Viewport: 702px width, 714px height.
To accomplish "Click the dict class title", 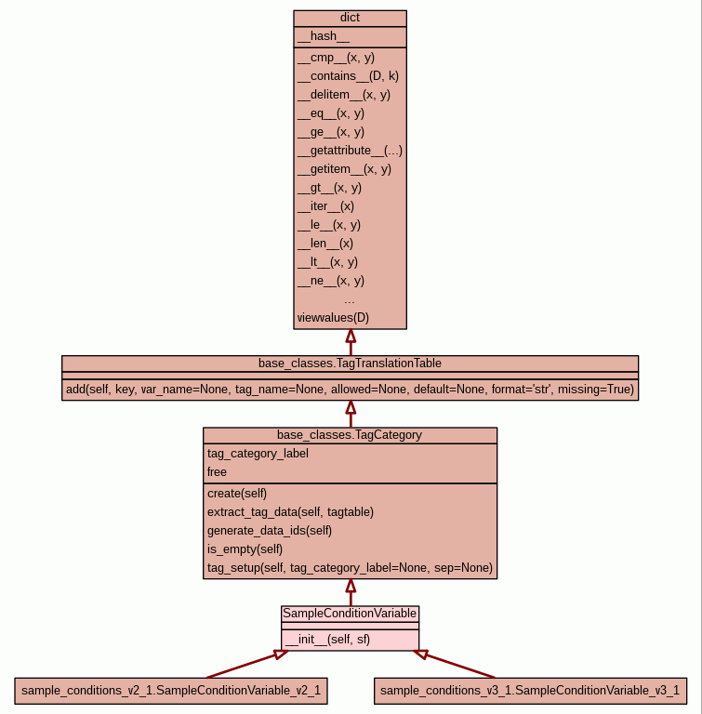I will (350, 18).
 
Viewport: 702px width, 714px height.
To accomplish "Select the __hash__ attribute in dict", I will (324, 36).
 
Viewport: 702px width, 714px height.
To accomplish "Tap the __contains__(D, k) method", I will (348, 75).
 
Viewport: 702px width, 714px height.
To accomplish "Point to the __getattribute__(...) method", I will (350, 150).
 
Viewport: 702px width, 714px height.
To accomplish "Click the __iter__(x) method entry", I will (325, 205).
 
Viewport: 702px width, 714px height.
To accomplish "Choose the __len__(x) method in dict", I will (325, 243).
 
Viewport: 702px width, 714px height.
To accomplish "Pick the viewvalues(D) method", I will (333, 317).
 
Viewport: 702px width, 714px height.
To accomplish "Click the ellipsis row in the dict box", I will (350, 299).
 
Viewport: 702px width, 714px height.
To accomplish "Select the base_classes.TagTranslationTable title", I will (350, 363).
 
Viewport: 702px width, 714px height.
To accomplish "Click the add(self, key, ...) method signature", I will (350, 390).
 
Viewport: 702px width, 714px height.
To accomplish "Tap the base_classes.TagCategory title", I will (350, 435).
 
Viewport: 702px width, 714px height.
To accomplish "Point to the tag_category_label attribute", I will (258, 453).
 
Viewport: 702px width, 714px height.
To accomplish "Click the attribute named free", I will (217, 471).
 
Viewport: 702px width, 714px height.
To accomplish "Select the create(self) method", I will (237, 493).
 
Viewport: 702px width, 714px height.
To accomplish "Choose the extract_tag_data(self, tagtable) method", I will (290, 511).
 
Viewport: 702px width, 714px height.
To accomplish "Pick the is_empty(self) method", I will (245, 549).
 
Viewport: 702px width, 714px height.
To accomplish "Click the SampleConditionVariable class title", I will (350, 614).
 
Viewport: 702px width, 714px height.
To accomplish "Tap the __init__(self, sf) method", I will (327, 639).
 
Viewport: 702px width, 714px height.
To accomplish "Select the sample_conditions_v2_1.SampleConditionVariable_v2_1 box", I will (171, 690).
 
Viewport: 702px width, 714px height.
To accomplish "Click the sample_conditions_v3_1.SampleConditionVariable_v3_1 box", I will (530, 690).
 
